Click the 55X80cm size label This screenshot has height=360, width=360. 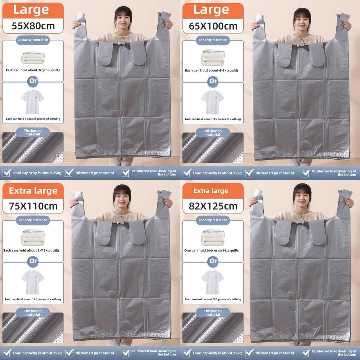pyautogui.click(x=33, y=26)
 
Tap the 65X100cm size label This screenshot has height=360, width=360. pyautogui.click(x=213, y=26)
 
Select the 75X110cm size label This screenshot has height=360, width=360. pyautogui.click(x=33, y=206)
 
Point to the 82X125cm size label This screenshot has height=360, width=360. pyautogui.click(x=213, y=206)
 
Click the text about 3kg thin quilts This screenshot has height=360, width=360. pyautogui.click(x=33, y=70)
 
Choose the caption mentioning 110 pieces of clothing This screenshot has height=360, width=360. pyautogui.click(x=213, y=119)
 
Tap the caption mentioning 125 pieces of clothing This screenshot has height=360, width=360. pyautogui.click(x=33, y=299)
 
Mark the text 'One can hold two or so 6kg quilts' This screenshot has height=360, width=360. pyautogui.click(x=212, y=250)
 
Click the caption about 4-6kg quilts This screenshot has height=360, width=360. pyautogui.click(x=212, y=70)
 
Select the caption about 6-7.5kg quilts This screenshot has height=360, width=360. pyautogui.click(x=32, y=250)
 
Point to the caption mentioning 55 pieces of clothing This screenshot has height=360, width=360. pyautogui.click(x=33, y=119)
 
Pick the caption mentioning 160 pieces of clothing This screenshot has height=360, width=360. pyautogui.click(x=213, y=299)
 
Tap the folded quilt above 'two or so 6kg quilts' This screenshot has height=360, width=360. pyautogui.click(x=213, y=237)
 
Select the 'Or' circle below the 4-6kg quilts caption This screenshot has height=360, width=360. pyautogui.click(x=213, y=81)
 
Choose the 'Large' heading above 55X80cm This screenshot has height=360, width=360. pyautogui.click(x=31, y=10)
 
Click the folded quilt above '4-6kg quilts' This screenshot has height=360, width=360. pyautogui.click(x=213, y=57)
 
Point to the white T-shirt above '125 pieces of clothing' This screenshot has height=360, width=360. pyautogui.click(x=33, y=282)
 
